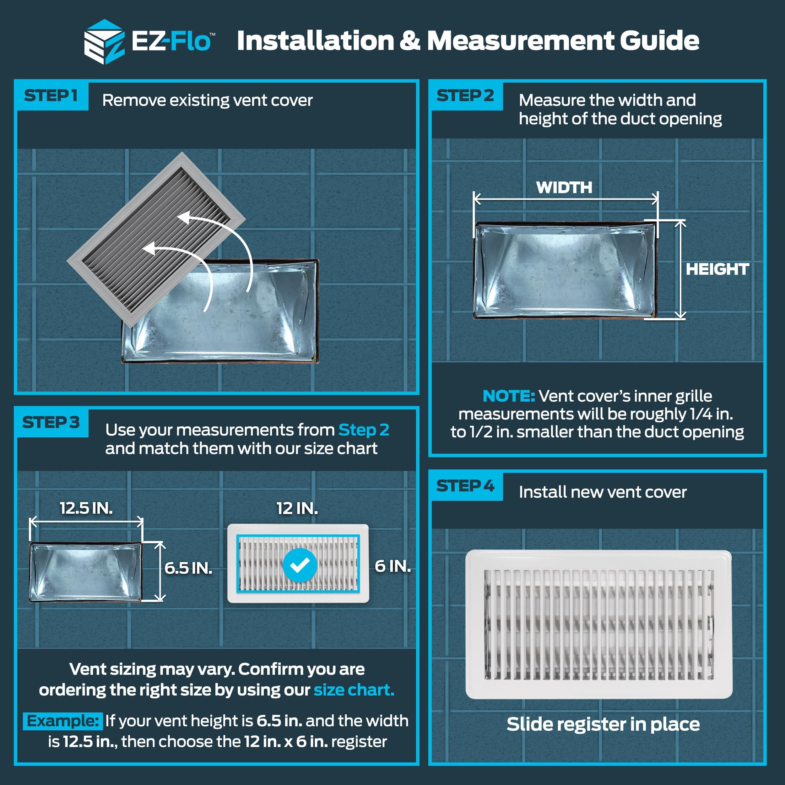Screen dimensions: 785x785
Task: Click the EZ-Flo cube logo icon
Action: coord(104,42)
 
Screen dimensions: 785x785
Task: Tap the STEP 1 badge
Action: coord(51,96)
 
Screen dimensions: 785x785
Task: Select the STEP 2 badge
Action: coord(466,96)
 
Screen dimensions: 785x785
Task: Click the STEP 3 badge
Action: coord(51,423)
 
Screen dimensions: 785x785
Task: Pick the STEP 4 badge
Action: coord(466,486)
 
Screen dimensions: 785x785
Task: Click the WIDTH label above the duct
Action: coord(564,188)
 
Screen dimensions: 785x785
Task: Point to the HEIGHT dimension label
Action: coord(717,269)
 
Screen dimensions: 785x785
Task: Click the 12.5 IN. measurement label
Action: coord(86,508)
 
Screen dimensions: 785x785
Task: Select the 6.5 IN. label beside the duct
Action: coord(188,568)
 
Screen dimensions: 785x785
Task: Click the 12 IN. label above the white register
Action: coord(297,509)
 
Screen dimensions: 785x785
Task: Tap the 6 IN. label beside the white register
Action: coord(392,566)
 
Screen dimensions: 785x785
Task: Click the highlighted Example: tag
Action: coord(62,721)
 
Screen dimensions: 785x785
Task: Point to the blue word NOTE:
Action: coord(508,396)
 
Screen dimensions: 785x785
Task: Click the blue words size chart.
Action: coord(354,690)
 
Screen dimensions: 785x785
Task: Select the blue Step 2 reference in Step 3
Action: coord(364,430)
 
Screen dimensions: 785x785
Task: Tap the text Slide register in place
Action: coord(603,724)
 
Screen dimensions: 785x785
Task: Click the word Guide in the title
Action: coord(659,41)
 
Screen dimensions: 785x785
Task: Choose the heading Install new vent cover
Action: coord(603,492)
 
